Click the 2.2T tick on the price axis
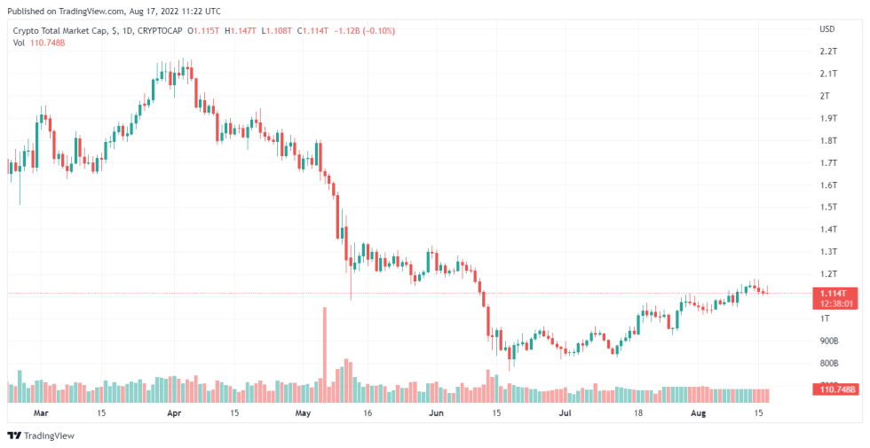coord(828,51)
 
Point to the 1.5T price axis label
coord(828,207)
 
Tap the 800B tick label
coord(829,363)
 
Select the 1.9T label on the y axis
coord(828,118)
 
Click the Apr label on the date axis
coord(174,413)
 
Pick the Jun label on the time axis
coord(436,413)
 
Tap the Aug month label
coord(699,413)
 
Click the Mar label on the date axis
coord(40,413)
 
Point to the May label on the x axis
coord(304,413)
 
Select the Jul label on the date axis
coord(565,413)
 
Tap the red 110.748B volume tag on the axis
coord(835,389)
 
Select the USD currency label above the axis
coord(826,29)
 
